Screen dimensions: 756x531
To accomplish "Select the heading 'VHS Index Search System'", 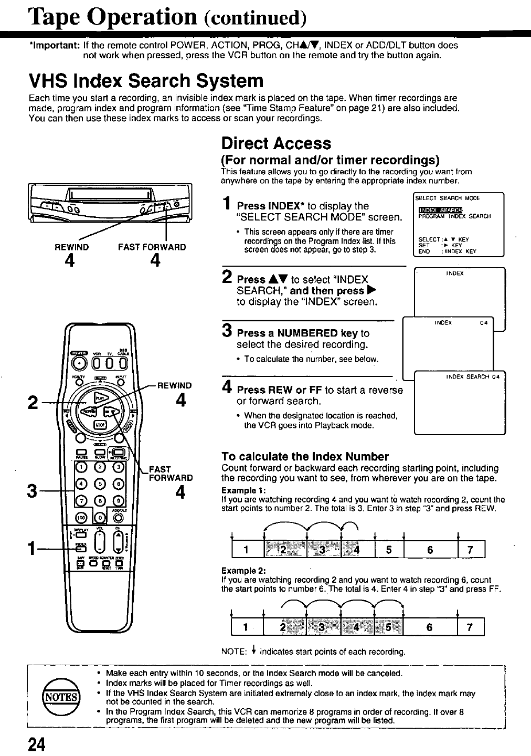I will coord(145,81).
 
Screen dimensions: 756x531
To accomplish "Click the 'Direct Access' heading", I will coord(276,143).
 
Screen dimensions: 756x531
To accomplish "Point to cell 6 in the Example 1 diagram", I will coord(430,550).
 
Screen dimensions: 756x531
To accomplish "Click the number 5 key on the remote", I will coord(100,483).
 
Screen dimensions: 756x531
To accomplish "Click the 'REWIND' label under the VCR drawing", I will coord(72,247).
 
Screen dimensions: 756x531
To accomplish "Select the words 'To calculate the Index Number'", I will coord(305,456).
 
